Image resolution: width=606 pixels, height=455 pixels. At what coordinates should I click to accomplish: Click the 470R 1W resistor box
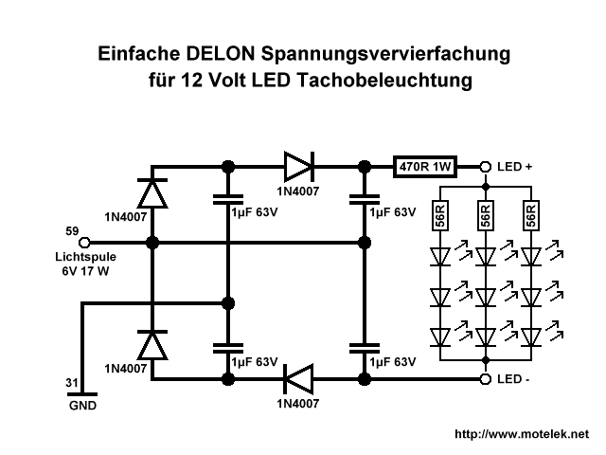[425, 167]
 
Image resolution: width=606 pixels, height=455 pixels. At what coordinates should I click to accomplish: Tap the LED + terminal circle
[485, 167]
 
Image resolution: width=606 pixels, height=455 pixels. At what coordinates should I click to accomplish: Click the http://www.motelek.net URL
[522, 434]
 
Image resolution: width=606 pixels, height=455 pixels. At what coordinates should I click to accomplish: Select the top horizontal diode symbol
[297, 167]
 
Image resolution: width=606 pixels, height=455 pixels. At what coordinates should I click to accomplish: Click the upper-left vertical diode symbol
[151, 193]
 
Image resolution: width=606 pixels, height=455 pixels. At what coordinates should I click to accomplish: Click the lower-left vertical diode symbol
[151, 344]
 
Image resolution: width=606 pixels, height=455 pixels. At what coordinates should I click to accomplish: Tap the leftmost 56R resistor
[439, 215]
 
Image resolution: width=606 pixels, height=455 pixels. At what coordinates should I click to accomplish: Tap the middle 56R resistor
[485, 215]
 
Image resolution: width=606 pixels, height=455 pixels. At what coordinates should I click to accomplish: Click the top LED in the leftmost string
[439, 257]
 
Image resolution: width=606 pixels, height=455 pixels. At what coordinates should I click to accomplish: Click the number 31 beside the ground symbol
[71, 383]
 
